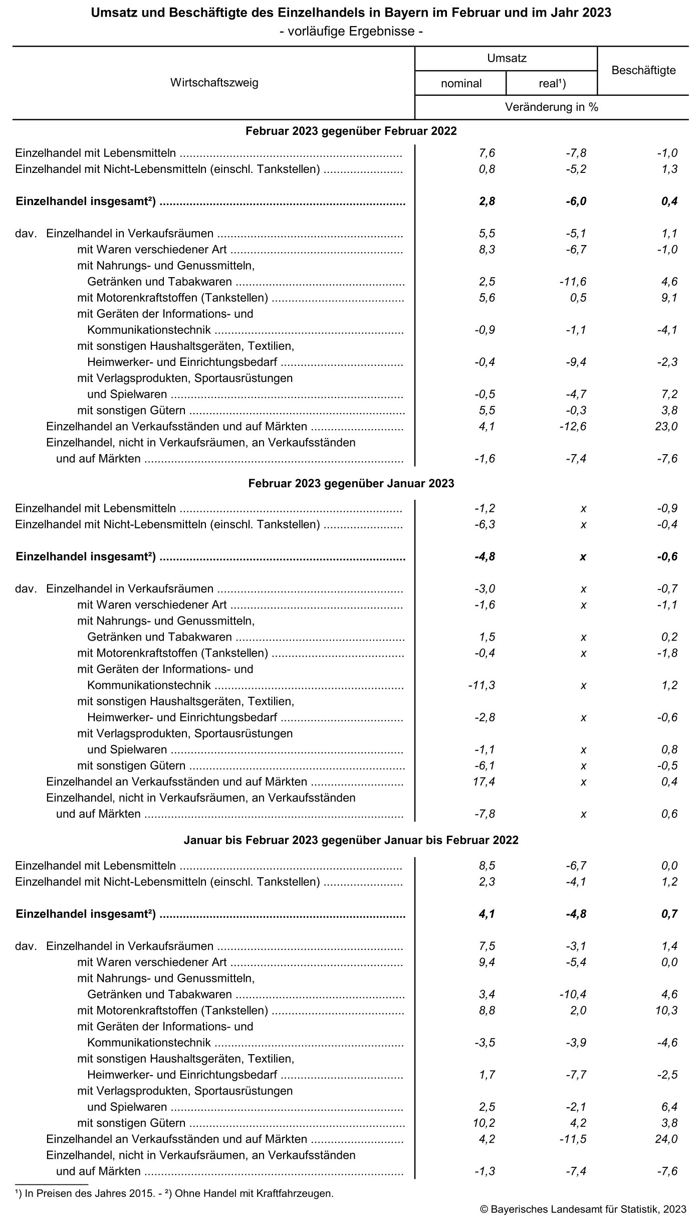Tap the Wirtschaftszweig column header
pos(214,83)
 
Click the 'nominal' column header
pos(461,83)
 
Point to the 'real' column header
pos(552,83)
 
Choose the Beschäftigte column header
pos(643,71)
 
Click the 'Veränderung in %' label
pos(552,107)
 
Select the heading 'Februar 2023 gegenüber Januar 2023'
pos(351,484)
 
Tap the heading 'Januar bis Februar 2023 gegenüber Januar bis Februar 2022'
pos(351,840)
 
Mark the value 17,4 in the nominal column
pos(485,782)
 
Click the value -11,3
pos(482,685)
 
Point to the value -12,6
pos(573,427)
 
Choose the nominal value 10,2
pos(484,1123)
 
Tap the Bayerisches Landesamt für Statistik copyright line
pos(583,1209)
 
